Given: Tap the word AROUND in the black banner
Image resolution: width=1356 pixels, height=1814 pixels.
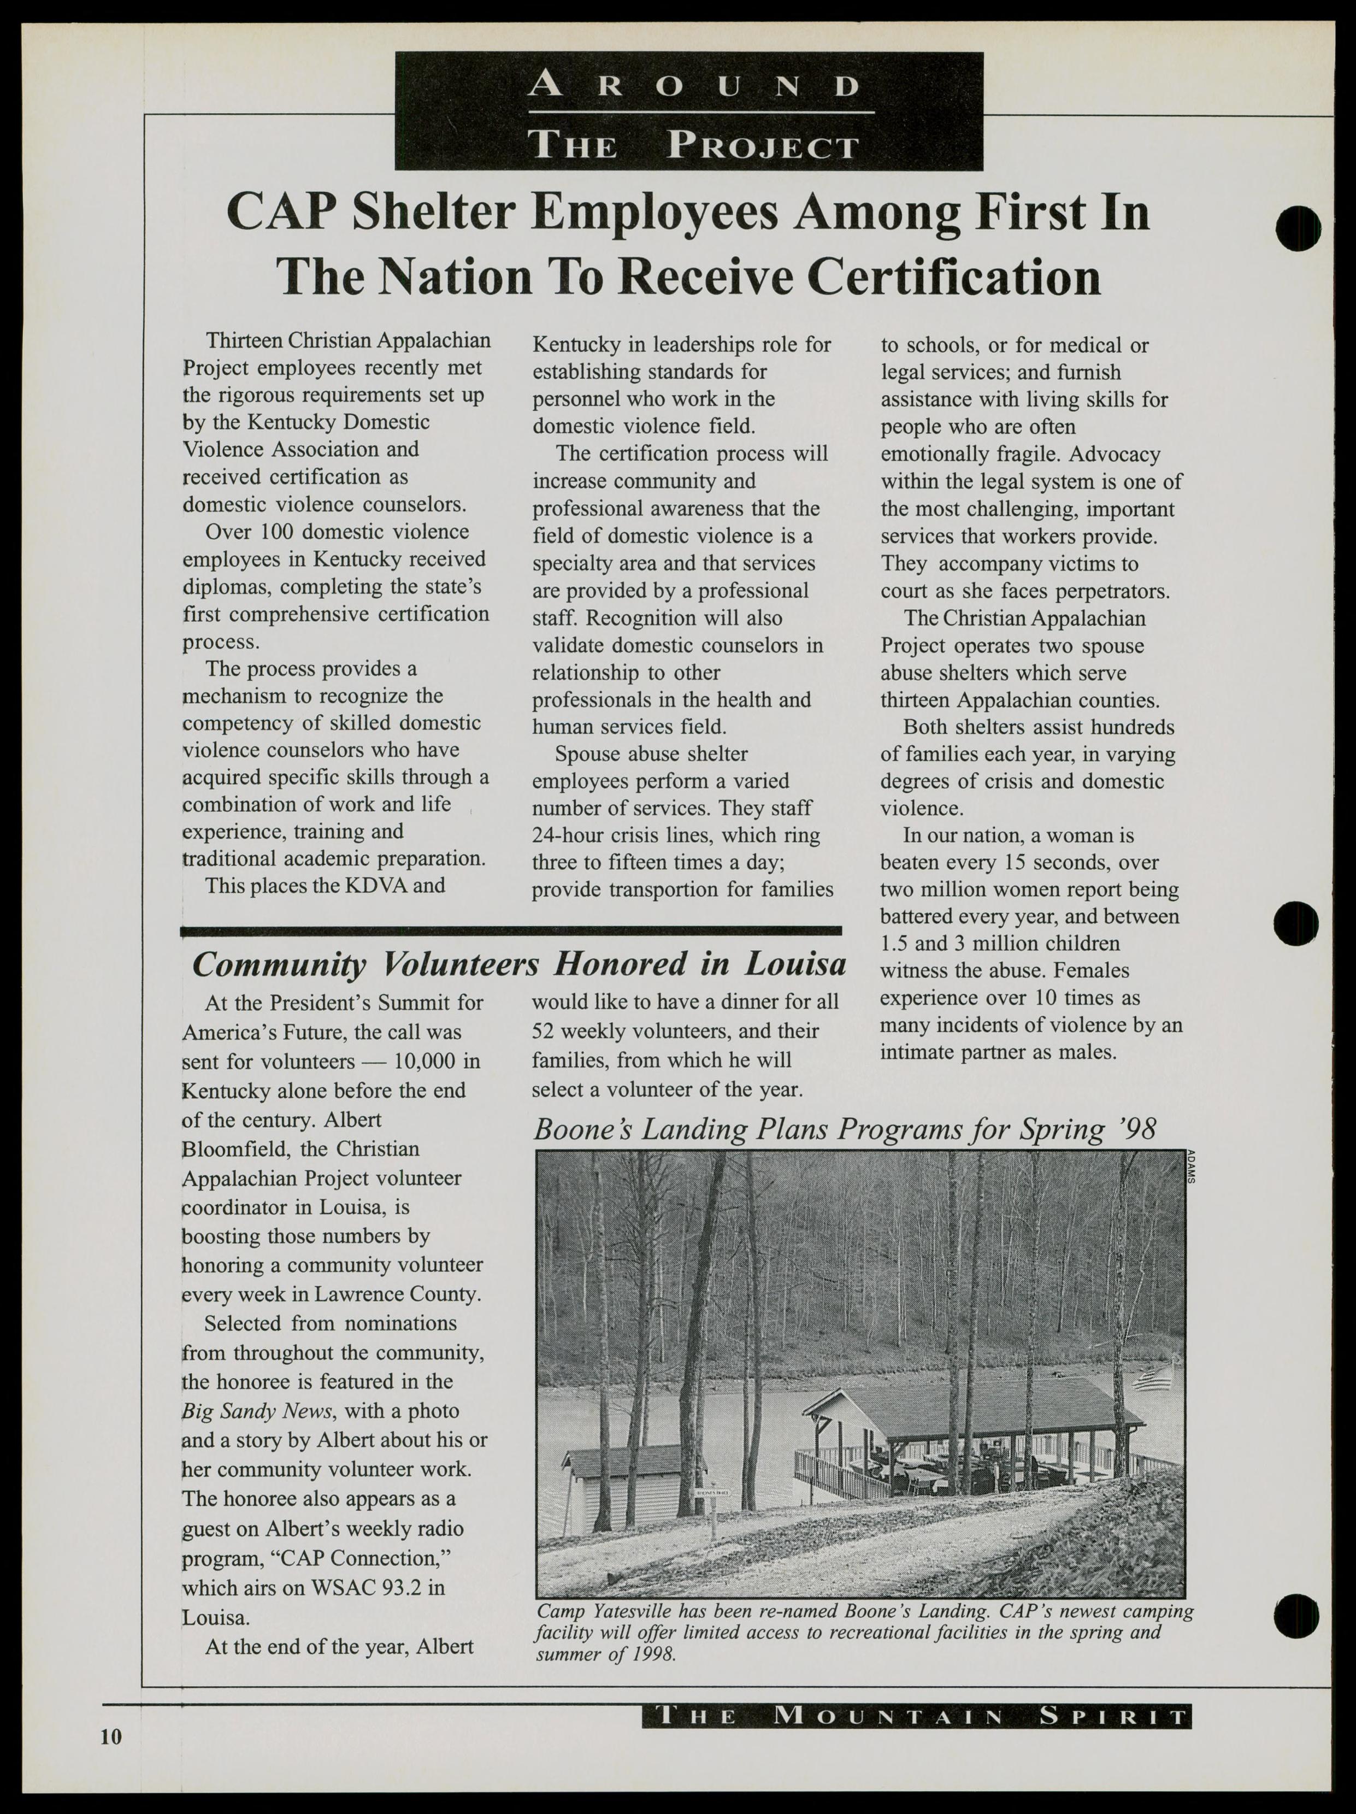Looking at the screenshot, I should point(694,85).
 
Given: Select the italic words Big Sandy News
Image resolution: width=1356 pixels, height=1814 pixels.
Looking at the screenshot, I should point(257,1411).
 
